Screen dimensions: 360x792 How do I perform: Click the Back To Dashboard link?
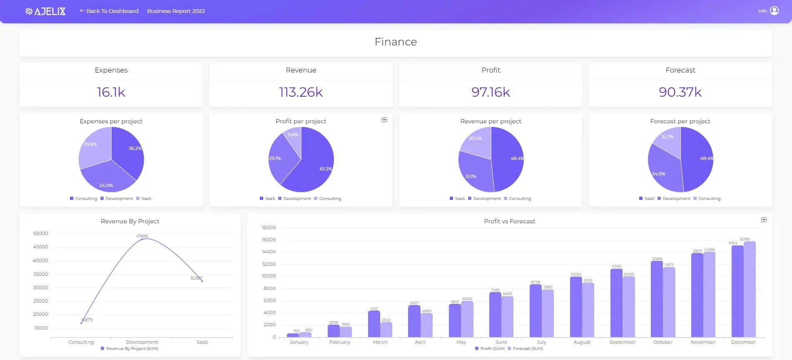[109, 11]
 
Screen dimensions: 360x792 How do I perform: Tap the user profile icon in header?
[774, 11]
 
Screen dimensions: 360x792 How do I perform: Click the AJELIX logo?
[46, 11]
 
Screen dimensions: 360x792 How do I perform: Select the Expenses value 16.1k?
[111, 92]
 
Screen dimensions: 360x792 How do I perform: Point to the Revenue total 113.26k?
[301, 92]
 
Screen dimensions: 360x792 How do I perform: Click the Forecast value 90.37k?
[680, 92]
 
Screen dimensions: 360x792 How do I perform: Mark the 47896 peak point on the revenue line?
[142, 239]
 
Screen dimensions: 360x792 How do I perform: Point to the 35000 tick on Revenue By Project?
[40, 274]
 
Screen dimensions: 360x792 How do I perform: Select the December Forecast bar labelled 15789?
[750, 289]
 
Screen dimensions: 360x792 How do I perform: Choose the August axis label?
[582, 342]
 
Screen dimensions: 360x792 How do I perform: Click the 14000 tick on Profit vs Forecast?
[269, 252]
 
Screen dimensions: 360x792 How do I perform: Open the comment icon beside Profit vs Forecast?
[764, 220]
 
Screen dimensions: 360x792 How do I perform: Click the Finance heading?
[396, 42]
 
